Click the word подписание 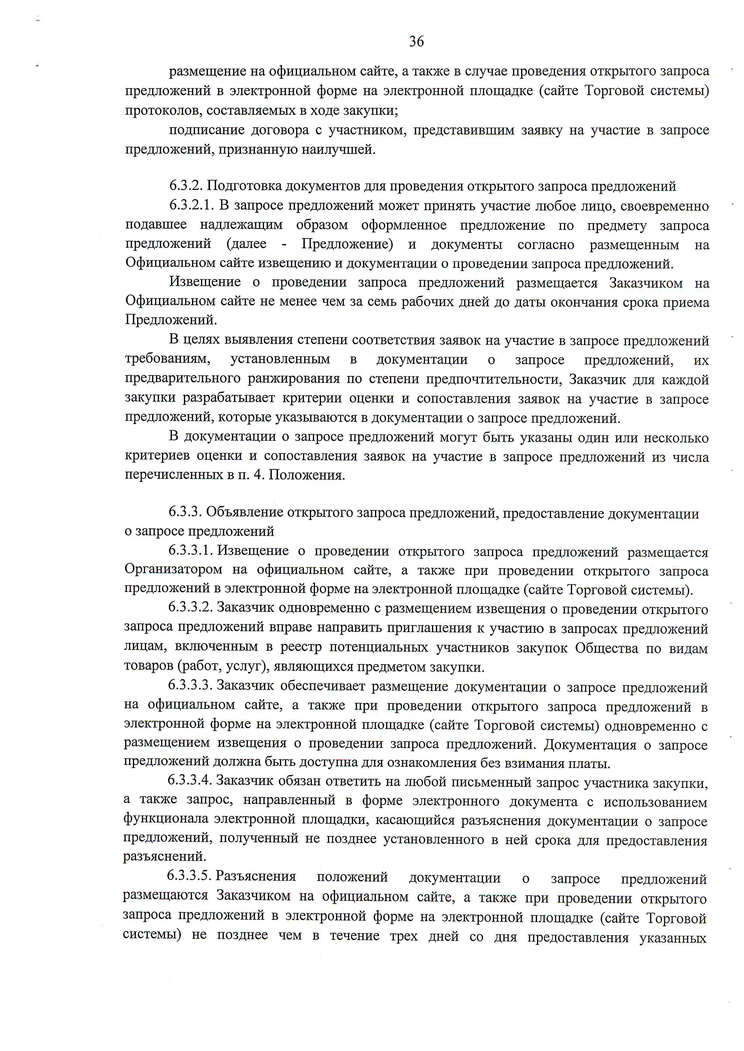click(207, 130)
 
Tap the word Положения click(307, 475)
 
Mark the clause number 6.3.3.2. click(190, 608)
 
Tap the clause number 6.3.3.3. click(190, 685)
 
